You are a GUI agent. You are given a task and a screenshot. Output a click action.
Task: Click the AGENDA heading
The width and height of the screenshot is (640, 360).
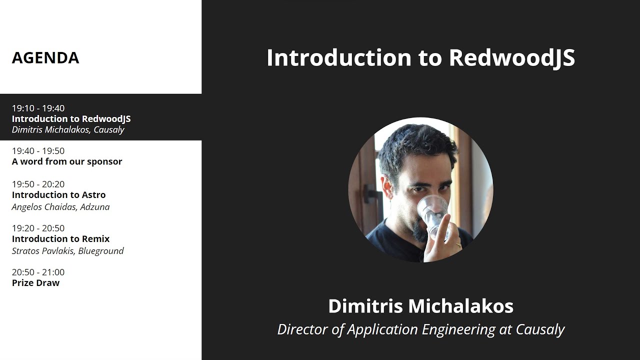(x=45, y=57)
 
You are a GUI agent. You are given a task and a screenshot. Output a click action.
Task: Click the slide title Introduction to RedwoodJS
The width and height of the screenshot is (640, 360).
(x=420, y=57)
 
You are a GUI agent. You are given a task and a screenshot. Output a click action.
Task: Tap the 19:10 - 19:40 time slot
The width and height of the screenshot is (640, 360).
(x=38, y=108)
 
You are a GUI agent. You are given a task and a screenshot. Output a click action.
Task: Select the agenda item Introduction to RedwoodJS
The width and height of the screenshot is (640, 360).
(x=71, y=119)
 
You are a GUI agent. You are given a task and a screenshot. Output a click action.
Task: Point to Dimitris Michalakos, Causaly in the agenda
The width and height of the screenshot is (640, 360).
(x=68, y=129)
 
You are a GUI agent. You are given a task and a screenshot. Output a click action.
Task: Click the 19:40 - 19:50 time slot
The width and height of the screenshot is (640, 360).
(x=38, y=151)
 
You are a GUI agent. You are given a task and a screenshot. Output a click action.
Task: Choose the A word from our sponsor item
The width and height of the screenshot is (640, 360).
(x=67, y=161)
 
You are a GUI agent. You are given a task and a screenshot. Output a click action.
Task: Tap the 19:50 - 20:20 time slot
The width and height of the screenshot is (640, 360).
(x=38, y=184)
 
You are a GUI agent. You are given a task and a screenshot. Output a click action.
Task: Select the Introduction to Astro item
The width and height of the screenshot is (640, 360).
(x=59, y=195)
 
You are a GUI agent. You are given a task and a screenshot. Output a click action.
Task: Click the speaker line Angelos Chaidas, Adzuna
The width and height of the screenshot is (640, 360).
(x=61, y=207)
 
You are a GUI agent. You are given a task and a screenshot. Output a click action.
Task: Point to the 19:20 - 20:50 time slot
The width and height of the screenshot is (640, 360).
(x=38, y=228)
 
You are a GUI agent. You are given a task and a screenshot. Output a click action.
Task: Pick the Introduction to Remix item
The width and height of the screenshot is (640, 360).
(x=61, y=239)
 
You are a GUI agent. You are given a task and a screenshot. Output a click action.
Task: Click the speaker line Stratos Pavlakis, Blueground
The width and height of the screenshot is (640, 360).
(x=67, y=251)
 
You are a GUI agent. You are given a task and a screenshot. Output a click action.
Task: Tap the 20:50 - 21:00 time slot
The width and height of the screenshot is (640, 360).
(x=38, y=272)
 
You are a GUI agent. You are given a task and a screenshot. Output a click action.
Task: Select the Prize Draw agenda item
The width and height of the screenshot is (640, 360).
(x=35, y=283)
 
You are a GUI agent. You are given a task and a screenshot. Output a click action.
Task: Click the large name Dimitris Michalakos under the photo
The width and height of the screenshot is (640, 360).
(x=421, y=306)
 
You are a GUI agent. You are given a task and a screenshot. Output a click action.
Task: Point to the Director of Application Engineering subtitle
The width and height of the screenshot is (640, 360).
(x=421, y=329)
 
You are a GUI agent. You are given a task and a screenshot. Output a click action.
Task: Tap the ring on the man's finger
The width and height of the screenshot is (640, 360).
(x=458, y=245)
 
